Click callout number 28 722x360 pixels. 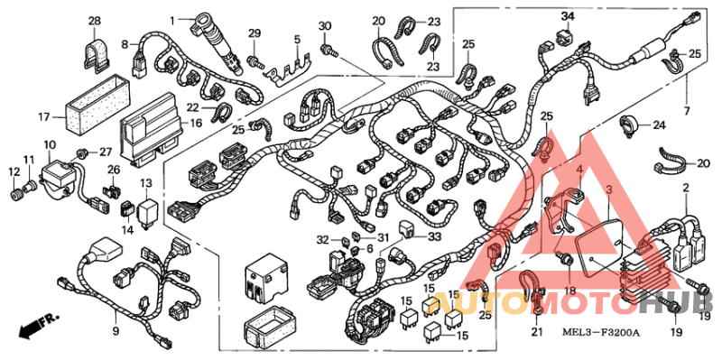[x=95, y=20]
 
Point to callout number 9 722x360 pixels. [x=116, y=331]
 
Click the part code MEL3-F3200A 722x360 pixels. [x=602, y=333]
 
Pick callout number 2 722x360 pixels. [x=687, y=189]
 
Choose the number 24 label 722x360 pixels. [x=659, y=125]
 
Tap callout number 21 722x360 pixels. [x=538, y=336]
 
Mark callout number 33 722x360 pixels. [x=434, y=236]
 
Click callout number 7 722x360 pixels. [x=688, y=111]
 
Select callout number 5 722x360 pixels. [x=296, y=39]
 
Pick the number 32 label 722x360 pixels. [x=323, y=239]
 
